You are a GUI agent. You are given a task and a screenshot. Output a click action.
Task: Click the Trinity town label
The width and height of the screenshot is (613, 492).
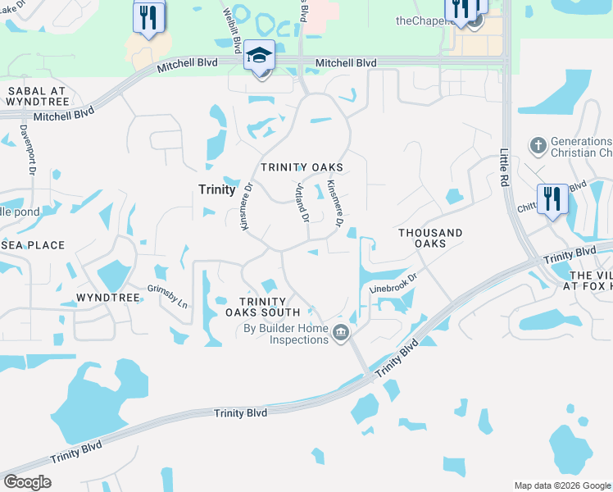[217, 189]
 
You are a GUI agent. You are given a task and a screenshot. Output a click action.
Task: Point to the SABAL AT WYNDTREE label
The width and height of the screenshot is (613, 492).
[34, 96]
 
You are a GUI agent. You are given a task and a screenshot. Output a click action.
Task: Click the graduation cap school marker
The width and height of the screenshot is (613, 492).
[260, 57]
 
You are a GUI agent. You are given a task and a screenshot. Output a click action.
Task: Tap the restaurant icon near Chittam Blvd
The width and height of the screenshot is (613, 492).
[552, 199]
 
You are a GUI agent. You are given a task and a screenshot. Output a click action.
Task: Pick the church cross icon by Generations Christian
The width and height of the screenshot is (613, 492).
[538, 146]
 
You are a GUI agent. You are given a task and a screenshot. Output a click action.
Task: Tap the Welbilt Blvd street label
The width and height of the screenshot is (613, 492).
[233, 30]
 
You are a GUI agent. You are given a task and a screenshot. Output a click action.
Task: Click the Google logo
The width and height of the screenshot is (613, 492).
[27, 482]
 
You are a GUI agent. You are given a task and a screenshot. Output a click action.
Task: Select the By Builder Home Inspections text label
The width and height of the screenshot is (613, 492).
[286, 335]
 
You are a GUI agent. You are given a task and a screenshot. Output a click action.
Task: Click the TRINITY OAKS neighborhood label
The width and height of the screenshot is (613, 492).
[302, 167]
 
